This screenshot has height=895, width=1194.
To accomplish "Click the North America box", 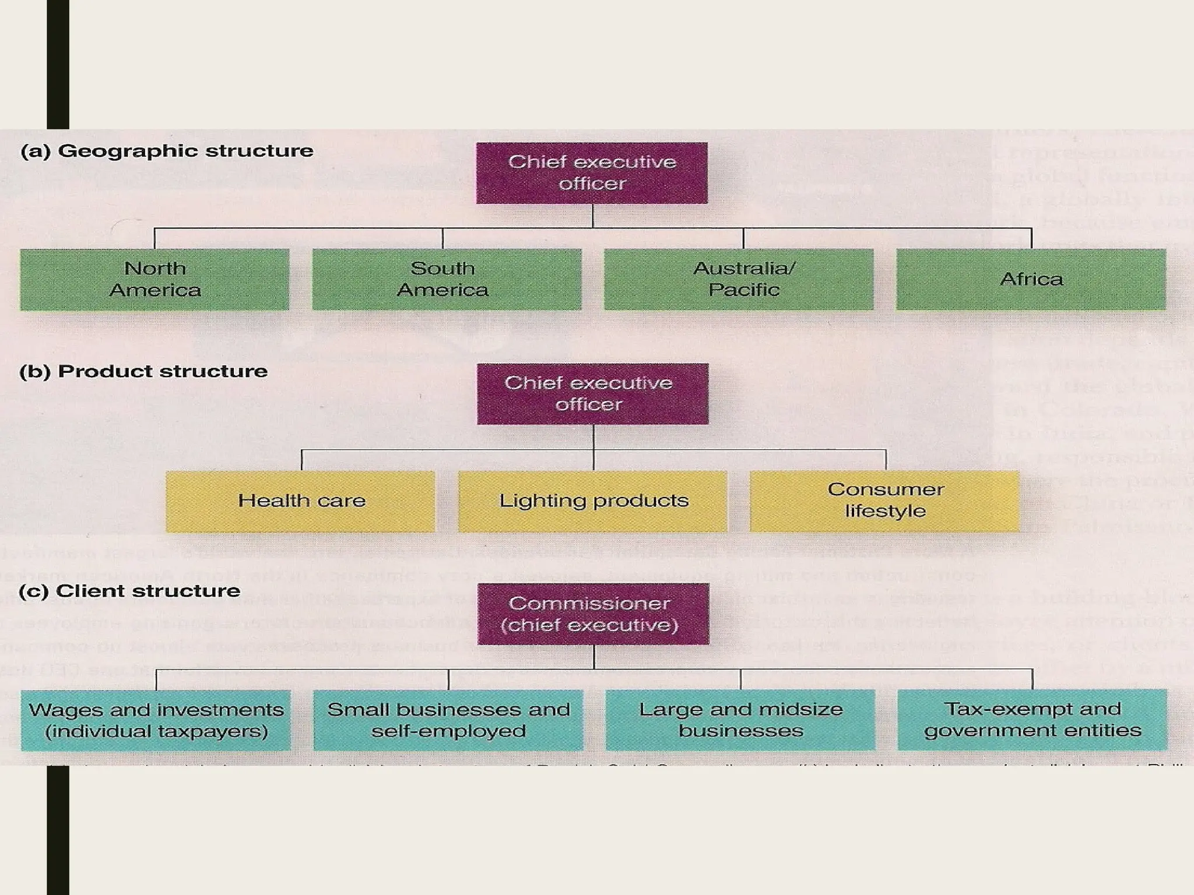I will [154, 279].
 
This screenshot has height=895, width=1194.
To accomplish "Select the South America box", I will [447, 279].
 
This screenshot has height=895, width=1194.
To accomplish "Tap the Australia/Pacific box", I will [739, 279].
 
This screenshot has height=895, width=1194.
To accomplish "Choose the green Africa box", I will [1031, 279].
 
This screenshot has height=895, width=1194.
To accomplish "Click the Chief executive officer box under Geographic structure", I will [592, 173].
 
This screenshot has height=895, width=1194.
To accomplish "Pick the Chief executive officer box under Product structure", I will [592, 394].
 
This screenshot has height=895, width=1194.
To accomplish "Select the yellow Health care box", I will [300, 501].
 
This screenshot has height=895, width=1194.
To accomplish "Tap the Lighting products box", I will [592, 501].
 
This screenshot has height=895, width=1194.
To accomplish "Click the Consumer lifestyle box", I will [884, 501].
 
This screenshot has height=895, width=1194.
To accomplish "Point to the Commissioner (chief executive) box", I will [593, 614].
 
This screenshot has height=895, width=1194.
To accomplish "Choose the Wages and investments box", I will [156, 720].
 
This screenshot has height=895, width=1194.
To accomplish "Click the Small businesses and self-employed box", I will [448, 720].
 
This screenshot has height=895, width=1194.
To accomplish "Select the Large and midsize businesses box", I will [740, 720].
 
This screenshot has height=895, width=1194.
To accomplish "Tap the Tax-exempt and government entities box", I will [1033, 720].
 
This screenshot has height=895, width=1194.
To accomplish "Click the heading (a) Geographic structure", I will [167, 151].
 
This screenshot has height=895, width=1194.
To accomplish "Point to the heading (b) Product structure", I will [143, 371].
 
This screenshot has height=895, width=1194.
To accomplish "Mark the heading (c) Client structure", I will [129, 591].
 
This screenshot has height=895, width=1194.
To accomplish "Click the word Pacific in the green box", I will [744, 290].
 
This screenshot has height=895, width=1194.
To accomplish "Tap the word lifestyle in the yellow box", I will [885, 512].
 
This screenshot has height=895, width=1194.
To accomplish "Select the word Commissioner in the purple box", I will [589, 603].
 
